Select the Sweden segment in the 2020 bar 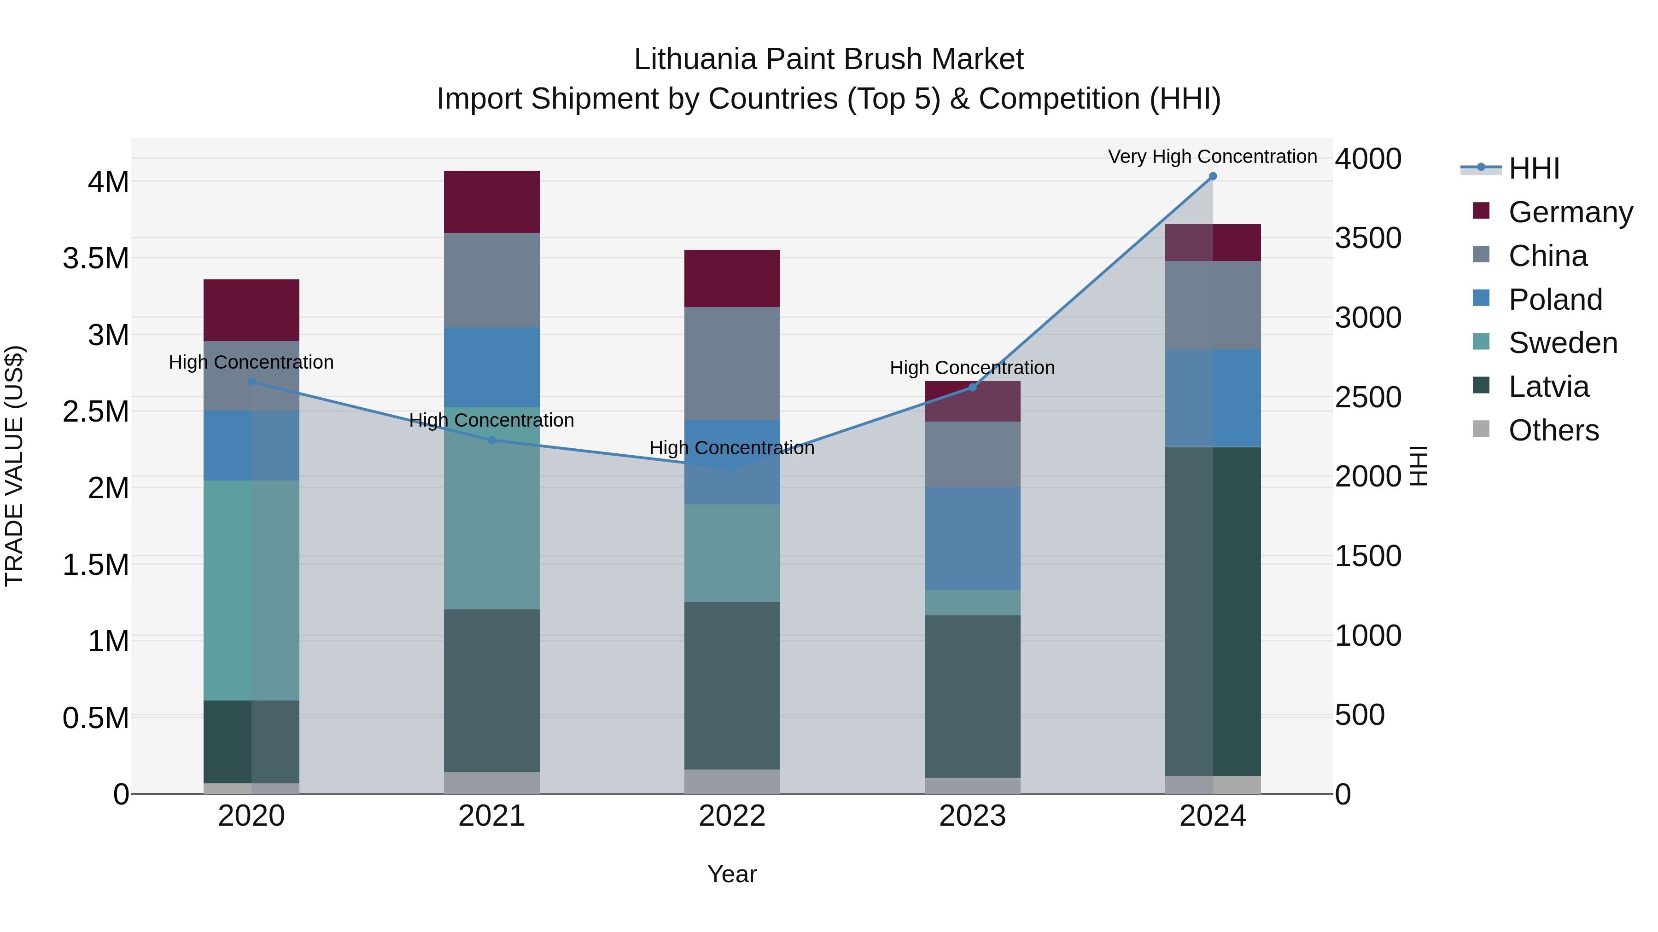(251, 590)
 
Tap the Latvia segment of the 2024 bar (1213, 611)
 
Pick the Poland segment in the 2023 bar (973, 538)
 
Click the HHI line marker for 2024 (1213, 176)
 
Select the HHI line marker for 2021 (492, 440)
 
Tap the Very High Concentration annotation (1212, 157)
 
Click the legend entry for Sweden (1562, 343)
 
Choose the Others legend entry (1553, 430)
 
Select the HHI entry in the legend (1534, 168)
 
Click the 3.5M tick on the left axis (95, 259)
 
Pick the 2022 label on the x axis (732, 816)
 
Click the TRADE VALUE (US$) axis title (14, 466)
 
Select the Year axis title (732, 874)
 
